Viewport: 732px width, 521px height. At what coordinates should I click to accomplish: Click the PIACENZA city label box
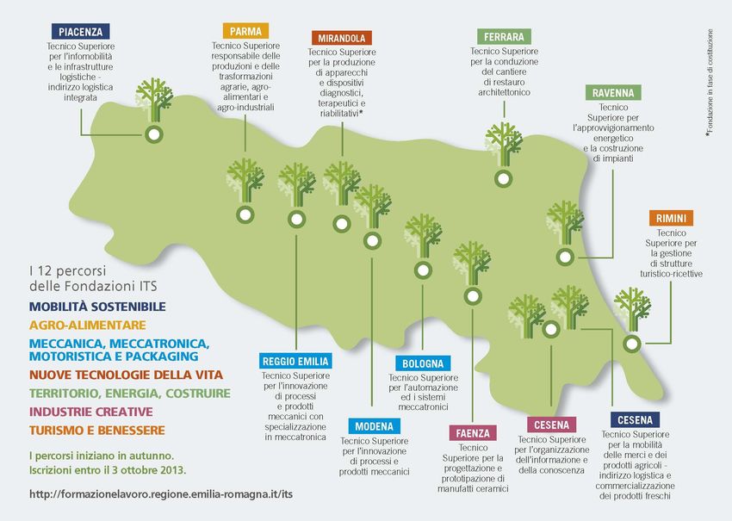click(x=81, y=32)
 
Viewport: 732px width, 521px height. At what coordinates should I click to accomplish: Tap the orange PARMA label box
click(x=245, y=32)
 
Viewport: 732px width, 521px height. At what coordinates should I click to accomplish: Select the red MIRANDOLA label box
click(x=342, y=39)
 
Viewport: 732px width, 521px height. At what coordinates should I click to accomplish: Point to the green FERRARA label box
click(x=504, y=36)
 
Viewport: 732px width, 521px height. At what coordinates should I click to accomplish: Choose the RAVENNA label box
click(x=613, y=93)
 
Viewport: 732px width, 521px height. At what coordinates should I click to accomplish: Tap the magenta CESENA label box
click(x=551, y=425)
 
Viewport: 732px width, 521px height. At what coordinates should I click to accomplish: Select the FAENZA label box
click(x=474, y=433)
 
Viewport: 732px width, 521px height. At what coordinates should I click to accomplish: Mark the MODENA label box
click(x=374, y=426)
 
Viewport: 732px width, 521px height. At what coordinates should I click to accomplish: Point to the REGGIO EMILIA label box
click(x=295, y=361)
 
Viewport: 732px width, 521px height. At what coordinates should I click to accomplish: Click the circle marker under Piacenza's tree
click(x=154, y=134)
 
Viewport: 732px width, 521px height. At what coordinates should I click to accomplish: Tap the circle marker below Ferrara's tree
click(x=503, y=179)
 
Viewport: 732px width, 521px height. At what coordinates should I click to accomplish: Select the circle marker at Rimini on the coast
click(x=632, y=343)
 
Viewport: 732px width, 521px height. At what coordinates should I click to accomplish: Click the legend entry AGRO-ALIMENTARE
click(x=87, y=326)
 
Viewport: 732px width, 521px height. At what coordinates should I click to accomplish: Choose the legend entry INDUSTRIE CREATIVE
click(x=90, y=412)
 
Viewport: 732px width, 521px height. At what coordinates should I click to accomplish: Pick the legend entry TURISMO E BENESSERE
click(x=96, y=430)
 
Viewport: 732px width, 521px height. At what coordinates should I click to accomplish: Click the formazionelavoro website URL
click(x=161, y=495)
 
